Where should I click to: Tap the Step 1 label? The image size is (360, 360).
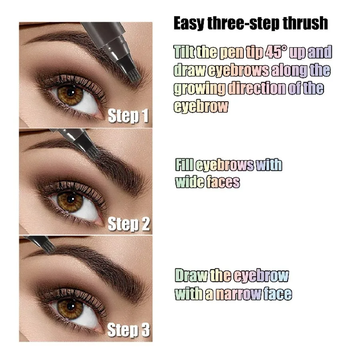pyautogui.click(x=128, y=116)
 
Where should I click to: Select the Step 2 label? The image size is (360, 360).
pyautogui.click(x=128, y=224)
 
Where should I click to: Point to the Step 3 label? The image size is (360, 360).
pyautogui.click(x=128, y=330)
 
